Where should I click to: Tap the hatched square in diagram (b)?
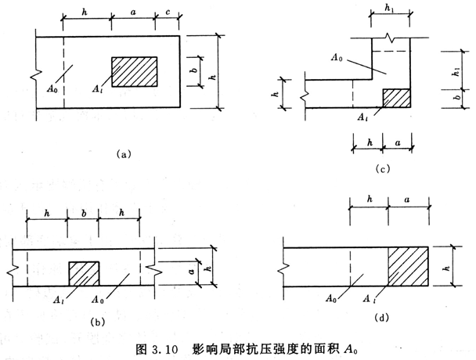pos(85,274)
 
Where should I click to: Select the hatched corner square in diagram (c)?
pos(397,98)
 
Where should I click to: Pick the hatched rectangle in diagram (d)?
pos(409,267)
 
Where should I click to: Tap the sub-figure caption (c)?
pos(382,169)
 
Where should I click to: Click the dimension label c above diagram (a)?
pos(170,13)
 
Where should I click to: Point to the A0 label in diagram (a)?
pos(49,77)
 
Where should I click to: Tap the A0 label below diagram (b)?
pos(120,299)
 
